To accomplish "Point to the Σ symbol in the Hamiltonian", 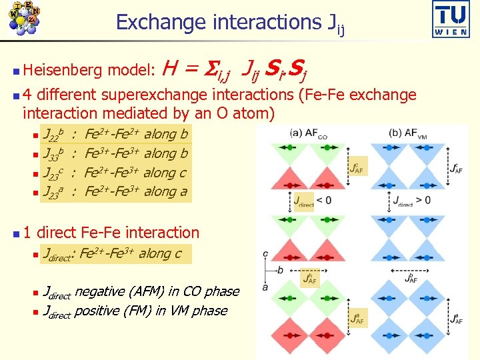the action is tap(207, 68).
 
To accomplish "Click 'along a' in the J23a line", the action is tap(166, 192).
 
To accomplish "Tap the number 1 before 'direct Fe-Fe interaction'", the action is tap(27, 233).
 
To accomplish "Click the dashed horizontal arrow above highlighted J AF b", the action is tap(310, 271).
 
